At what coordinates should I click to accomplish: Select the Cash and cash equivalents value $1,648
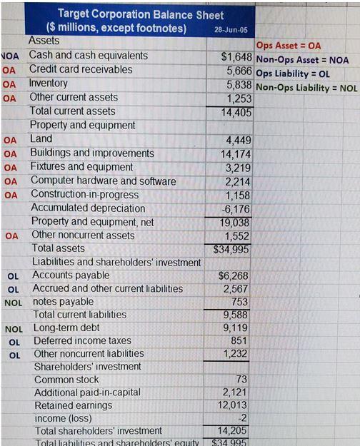tap(236, 56)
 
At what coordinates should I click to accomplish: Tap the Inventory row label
tap(48, 83)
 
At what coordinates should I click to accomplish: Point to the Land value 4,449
tap(239, 140)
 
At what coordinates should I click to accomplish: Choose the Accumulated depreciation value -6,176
tap(238, 208)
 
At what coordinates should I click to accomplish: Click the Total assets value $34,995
tap(235, 249)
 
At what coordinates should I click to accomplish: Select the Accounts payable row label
tap(71, 275)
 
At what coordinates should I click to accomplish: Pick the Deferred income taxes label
tap(82, 340)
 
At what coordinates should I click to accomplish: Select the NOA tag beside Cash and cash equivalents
tap(9, 56)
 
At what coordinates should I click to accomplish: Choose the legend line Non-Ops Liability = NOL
tap(306, 88)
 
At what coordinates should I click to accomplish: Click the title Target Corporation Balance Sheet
tap(140, 14)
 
